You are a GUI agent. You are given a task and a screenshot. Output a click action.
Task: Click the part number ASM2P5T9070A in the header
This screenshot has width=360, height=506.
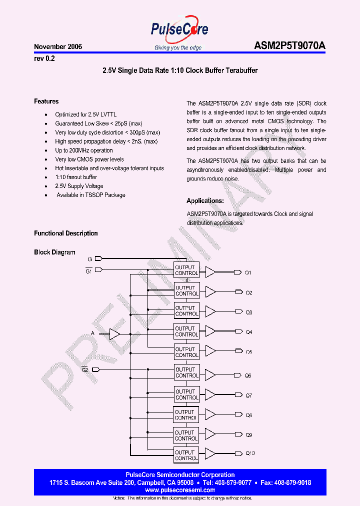[x=290, y=46]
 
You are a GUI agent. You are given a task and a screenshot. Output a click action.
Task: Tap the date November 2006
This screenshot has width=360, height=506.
[x=58, y=46]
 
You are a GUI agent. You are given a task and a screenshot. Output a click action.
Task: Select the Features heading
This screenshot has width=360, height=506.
[x=46, y=101]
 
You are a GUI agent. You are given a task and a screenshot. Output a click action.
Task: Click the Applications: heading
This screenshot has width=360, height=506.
[x=205, y=201]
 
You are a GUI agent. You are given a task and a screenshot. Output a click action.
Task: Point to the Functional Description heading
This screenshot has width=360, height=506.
[x=66, y=233]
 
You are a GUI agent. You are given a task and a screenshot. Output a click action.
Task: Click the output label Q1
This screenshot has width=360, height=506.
[x=248, y=272]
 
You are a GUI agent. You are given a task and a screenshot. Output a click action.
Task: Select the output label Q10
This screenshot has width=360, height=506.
[x=250, y=453]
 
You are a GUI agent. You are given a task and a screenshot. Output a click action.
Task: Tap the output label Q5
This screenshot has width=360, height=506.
[x=248, y=352]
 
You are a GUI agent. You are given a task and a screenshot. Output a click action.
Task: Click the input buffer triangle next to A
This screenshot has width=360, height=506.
[x=114, y=333]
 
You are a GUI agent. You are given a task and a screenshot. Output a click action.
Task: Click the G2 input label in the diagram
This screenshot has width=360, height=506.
[x=85, y=369]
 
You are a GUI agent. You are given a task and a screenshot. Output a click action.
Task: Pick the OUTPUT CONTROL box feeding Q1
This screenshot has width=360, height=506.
[x=186, y=270]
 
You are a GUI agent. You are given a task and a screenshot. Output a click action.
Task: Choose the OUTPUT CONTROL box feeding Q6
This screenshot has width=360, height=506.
[x=186, y=372]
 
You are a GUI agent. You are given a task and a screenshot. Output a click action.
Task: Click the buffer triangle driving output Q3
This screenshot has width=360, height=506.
[x=210, y=311]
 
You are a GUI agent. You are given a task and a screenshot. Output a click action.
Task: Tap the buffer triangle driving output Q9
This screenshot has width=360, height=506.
[x=210, y=435]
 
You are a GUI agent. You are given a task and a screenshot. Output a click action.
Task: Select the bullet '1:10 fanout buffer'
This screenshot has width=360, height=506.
[x=76, y=177]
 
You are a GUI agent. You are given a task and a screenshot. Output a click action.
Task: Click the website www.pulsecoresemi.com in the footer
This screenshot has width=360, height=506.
[x=180, y=490]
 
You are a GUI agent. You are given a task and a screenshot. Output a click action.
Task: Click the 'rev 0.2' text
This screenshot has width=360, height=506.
[x=44, y=58]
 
